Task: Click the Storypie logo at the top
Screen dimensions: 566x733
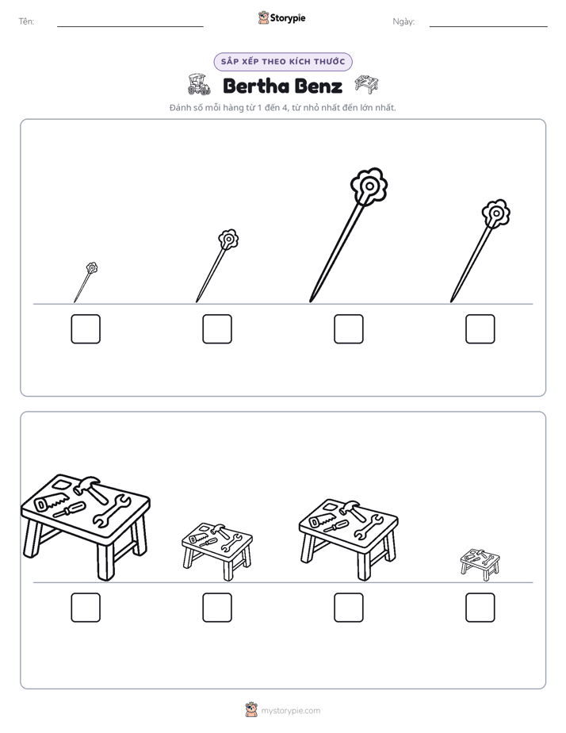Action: point(282,18)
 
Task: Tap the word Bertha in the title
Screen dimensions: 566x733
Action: point(256,86)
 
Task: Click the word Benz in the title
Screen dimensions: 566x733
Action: point(319,86)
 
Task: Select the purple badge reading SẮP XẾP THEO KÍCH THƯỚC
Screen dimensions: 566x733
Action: point(283,62)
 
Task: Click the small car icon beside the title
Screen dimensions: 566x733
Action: point(199,84)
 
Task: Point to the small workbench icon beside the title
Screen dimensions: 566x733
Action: point(366,84)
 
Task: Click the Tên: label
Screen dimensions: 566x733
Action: point(26,21)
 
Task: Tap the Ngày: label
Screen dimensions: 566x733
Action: point(403,21)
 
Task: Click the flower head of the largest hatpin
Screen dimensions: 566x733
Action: point(369,186)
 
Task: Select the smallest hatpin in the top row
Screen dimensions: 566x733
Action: point(86,282)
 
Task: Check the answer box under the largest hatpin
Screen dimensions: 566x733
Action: point(348,329)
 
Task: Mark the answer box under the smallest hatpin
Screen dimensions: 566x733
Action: point(86,329)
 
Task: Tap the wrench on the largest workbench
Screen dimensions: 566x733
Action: point(111,511)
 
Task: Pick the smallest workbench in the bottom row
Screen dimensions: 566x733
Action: point(480,565)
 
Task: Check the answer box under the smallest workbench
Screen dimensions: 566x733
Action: point(480,608)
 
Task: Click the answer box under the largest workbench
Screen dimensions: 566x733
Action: point(86,608)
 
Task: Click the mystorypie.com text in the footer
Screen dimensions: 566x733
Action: point(290,711)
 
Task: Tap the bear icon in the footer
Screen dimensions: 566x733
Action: point(251,710)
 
